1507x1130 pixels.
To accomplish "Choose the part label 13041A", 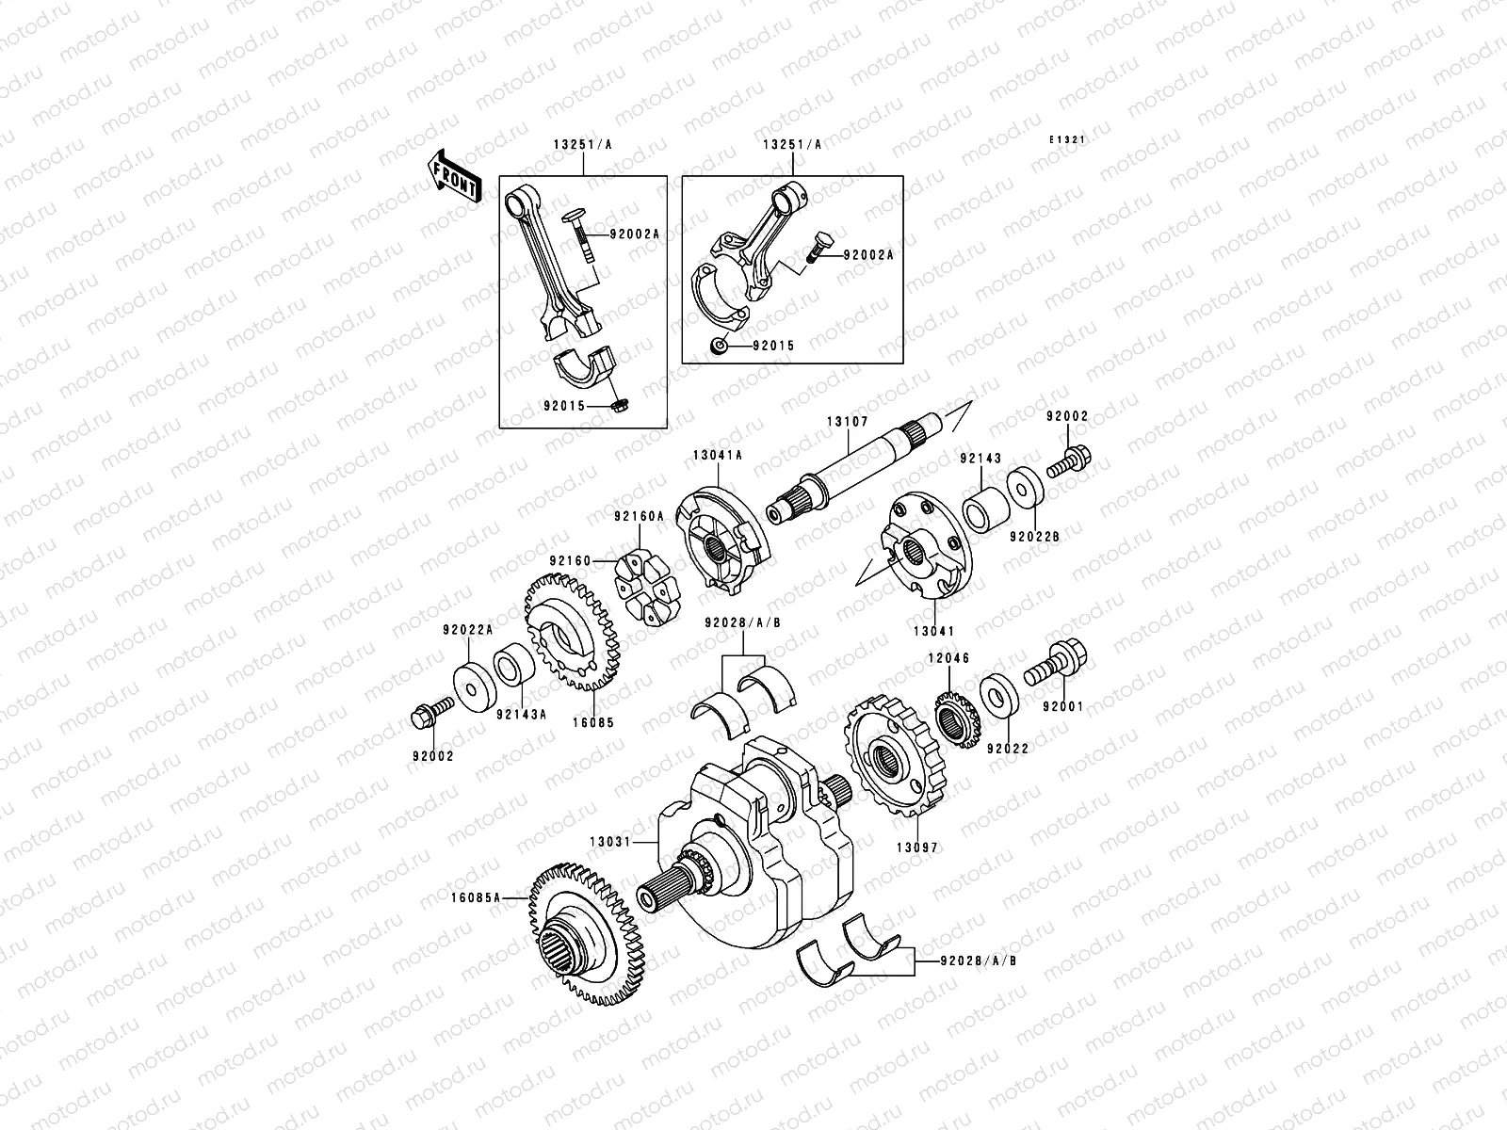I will point(717,454).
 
